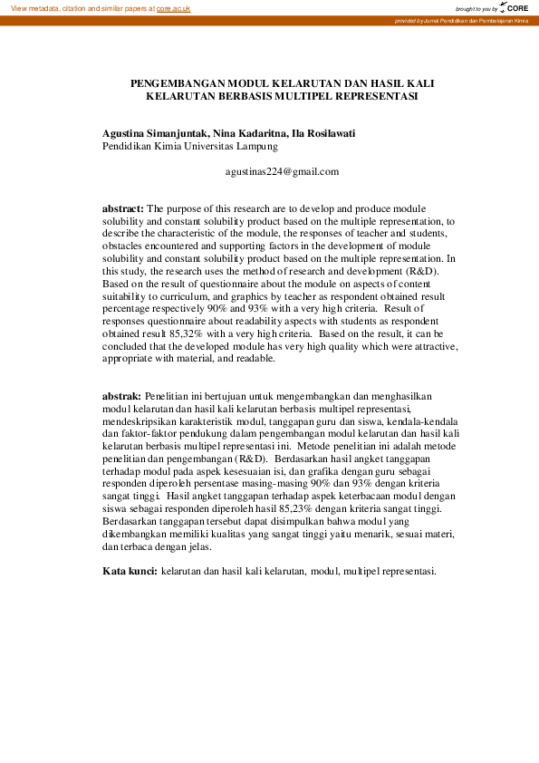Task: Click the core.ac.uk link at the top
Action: pos(173,8)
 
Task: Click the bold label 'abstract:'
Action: pos(122,208)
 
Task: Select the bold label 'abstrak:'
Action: pos(121,397)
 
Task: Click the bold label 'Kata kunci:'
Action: pos(129,572)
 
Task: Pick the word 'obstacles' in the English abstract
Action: pos(123,246)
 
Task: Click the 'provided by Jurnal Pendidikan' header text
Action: pos(461,20)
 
